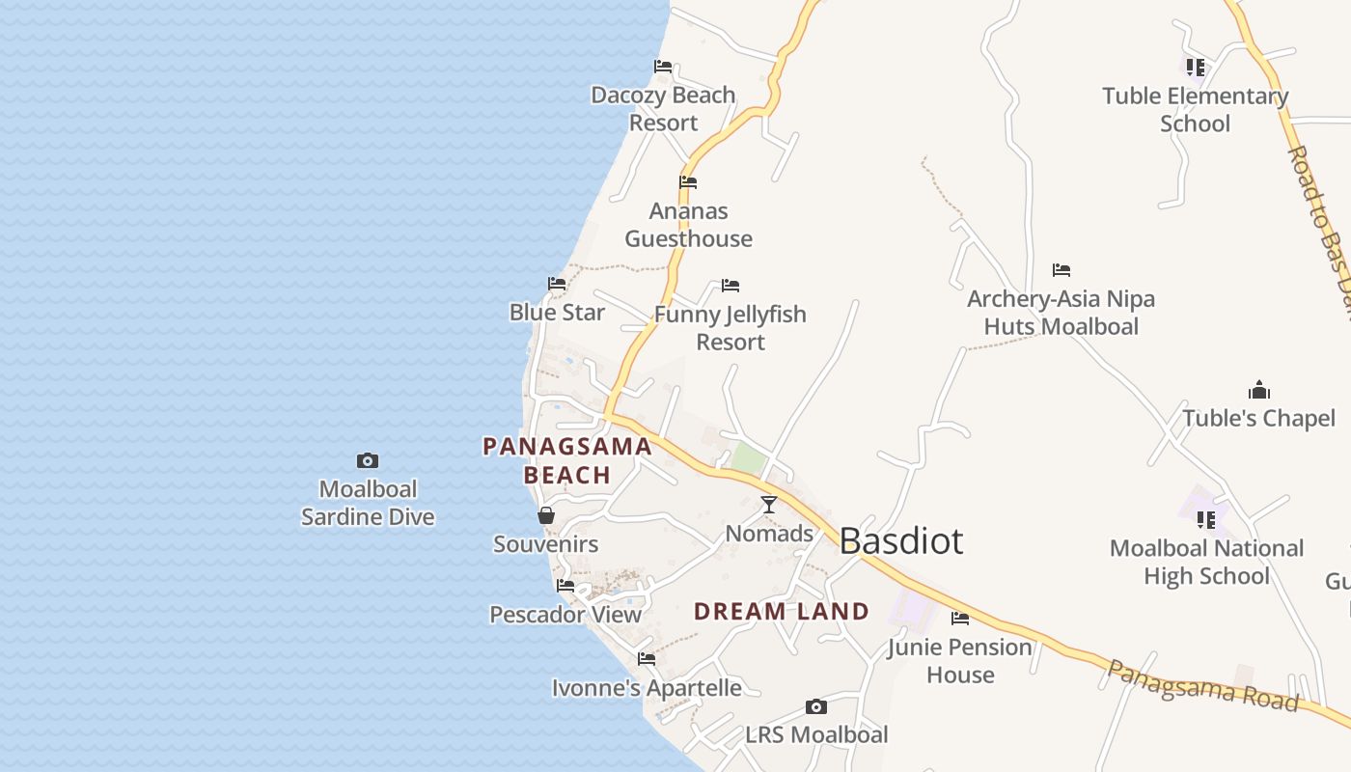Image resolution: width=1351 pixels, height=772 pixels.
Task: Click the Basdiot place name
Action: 900,541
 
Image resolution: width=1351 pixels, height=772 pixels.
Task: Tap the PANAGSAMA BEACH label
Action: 567,460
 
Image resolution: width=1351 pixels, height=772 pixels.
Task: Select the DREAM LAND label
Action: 782,611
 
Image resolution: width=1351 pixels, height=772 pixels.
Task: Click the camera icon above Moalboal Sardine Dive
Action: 368,460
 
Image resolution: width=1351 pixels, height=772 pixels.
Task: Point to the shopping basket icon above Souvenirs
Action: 546,515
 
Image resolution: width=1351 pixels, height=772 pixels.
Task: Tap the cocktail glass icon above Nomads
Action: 769,505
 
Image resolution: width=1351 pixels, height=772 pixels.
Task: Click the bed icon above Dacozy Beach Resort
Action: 663,67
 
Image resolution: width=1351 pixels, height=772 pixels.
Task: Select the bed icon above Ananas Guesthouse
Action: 688,181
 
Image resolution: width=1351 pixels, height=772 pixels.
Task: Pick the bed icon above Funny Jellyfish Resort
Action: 731,286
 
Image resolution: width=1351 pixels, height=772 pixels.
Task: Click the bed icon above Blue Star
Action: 557,284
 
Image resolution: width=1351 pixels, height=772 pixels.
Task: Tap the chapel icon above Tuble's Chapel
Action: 1259,390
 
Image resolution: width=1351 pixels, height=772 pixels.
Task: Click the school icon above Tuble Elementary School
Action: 1196,68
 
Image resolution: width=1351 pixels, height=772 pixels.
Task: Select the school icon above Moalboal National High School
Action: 1206,520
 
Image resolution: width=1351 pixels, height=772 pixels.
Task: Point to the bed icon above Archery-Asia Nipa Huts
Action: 1061,270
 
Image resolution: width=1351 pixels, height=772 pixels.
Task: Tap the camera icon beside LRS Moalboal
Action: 816,706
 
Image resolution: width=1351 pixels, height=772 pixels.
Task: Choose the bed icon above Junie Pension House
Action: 960,619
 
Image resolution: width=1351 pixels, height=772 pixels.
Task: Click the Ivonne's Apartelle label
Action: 647,688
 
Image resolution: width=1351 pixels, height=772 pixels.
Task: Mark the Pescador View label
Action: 565,615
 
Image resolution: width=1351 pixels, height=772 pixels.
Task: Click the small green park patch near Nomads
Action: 749,458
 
